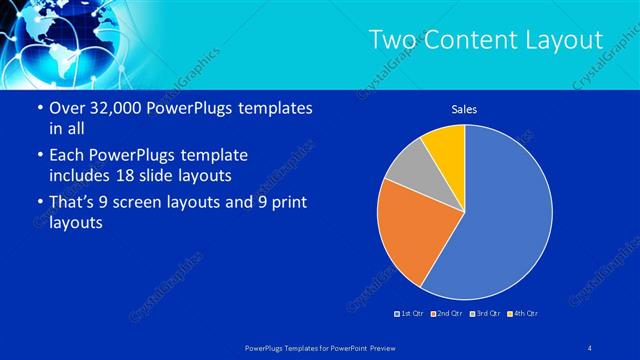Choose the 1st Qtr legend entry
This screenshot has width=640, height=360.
[410, 314]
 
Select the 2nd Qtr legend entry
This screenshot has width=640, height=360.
[447, 314]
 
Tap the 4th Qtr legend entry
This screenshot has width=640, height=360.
[522, 314]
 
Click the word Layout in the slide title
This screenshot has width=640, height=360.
[562, 40]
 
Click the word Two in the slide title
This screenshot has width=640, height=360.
[392, 40]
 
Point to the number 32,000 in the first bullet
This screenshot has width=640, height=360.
[112, 108]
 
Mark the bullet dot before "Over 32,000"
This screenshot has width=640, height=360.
[38, 108]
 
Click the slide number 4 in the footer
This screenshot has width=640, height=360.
[590, 346]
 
